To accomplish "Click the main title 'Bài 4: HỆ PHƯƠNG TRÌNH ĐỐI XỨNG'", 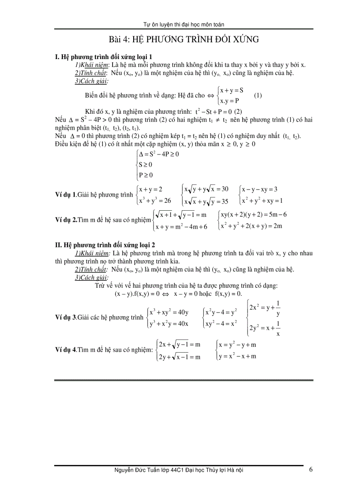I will [184, 40].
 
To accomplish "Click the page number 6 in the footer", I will [311, 469].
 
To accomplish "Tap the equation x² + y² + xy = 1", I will [262, 201].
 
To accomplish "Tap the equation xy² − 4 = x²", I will [221, 324].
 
